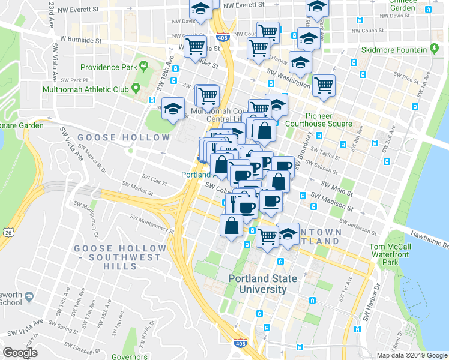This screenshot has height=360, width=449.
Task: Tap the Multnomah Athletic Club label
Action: pyautogui.click(x=86, y=89)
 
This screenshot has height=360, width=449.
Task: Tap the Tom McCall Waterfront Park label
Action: pyautogui.click(x=390, y=254)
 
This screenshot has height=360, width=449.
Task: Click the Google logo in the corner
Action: pyautogui.click(x=20, y=353)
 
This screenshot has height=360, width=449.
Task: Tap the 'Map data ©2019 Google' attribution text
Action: pyautogui.click(x=411, y=355)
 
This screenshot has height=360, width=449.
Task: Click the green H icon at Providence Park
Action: pyautogui.click(x=143, y=64)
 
